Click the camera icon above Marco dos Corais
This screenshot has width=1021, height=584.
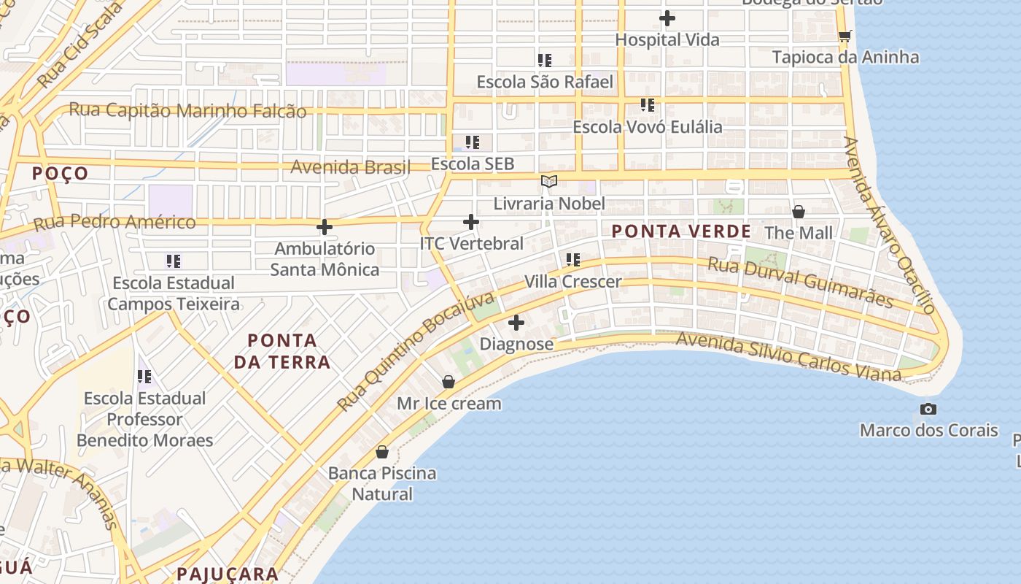tap(928, 409)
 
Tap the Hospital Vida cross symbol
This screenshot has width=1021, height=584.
tap(667, 18)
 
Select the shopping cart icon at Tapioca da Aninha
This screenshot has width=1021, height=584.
tap(845, 36)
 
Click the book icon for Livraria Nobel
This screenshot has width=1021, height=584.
tap(549, 181)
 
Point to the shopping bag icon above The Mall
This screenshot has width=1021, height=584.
tap(799, 212)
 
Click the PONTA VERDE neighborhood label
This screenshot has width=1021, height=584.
tap(681, 231)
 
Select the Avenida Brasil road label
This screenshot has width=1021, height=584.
tap(350, 167)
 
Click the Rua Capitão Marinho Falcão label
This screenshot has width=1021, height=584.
tap(187, 110)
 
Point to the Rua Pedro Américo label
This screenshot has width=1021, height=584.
tap(114, 222)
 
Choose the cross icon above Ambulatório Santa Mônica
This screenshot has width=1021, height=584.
tap(325, 227)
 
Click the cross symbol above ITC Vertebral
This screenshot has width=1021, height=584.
tap(471, 221)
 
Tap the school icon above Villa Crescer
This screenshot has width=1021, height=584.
tap(573, 259)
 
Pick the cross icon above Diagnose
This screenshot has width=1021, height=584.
tap(516, 322)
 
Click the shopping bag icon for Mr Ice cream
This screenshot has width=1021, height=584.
tap(449, 382)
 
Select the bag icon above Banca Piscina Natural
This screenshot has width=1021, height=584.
tap(382, 452)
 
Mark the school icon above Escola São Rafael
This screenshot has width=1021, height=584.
tap(545, 60)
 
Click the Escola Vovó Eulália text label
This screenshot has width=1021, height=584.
tap(647, 126)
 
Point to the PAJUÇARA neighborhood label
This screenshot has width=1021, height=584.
tap(228, 574)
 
